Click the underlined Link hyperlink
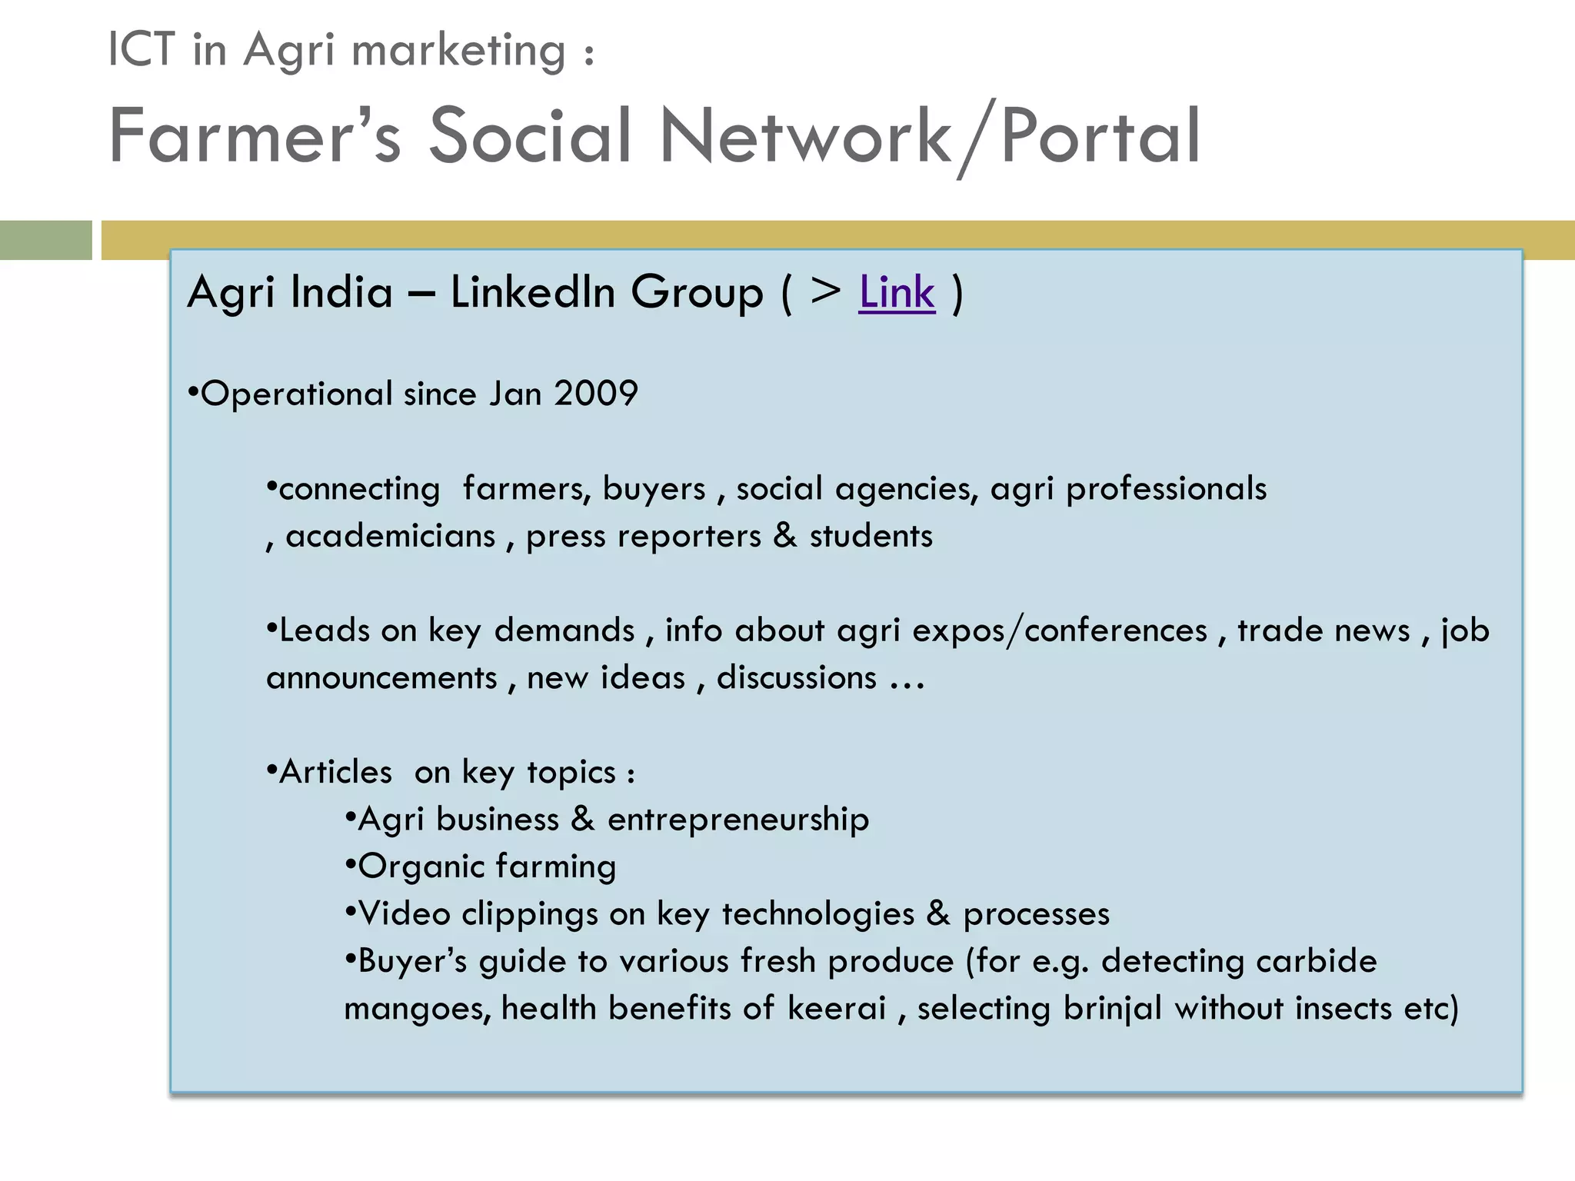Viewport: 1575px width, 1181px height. [897, 293]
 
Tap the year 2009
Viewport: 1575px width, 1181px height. [596, 394]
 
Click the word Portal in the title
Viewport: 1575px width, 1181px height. [1101, 137]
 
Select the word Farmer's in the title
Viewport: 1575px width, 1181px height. [255, 135]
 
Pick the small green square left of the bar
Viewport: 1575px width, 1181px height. [45, 240]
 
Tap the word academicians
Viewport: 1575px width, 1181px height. [391, 536]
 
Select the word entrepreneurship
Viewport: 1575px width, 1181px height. [738, 820]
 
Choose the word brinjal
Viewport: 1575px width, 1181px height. [1112, 1009]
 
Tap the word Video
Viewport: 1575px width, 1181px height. [404, 914]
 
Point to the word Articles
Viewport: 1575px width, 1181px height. [335, 772]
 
